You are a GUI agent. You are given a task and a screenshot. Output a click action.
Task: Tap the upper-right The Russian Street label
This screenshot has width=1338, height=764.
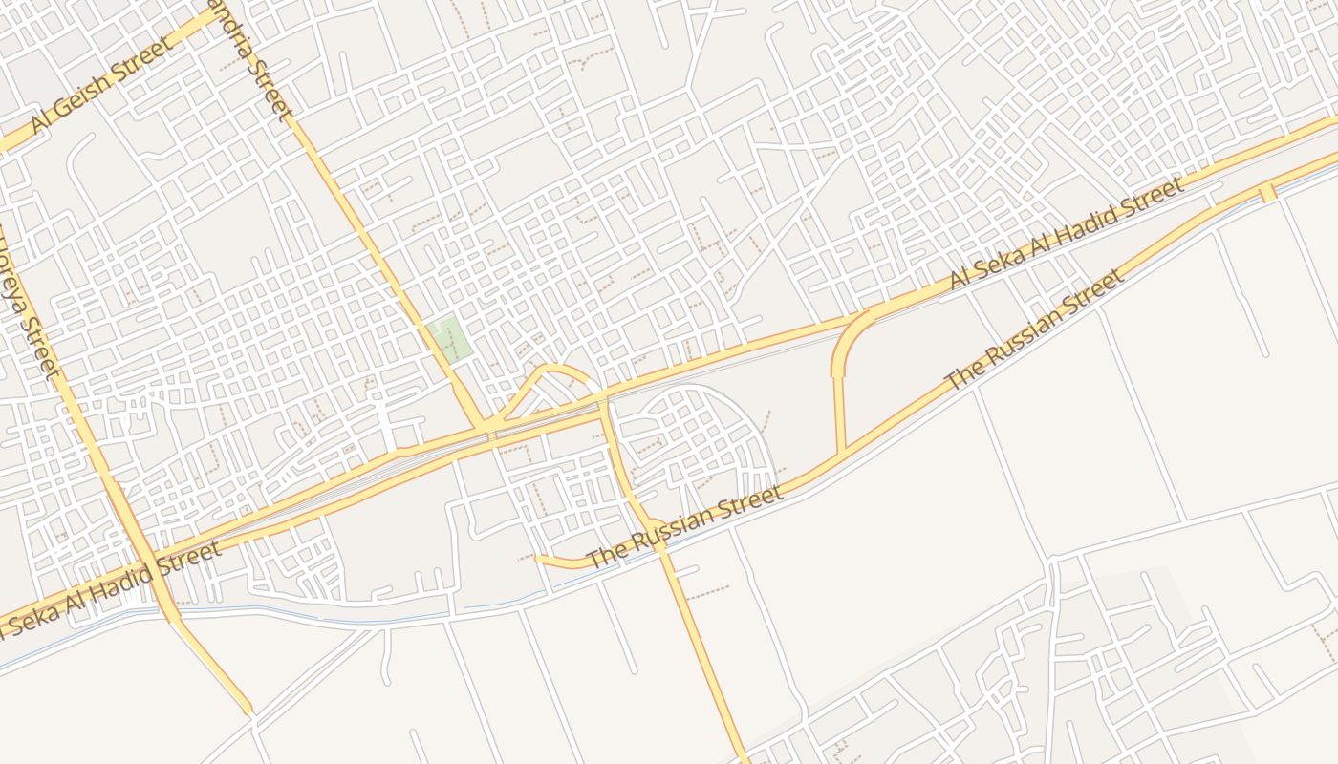coord(1034,330)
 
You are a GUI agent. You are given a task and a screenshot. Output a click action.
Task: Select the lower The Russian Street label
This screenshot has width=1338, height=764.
coord(684,526)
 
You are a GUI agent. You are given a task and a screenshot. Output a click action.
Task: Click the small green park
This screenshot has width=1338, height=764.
coord(449,340)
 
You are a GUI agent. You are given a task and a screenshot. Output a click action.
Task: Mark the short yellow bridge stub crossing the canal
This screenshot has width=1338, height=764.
coord(1267,193)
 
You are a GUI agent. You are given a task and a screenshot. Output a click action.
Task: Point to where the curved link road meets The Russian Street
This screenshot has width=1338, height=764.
coord(842,452)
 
